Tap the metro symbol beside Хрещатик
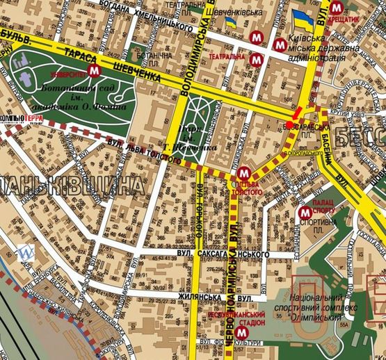tap(337, 8)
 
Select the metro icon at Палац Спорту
tap(304, 213)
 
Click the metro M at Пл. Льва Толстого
tap(243, 173)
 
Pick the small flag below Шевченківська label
tap(230, 23)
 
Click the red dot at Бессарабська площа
tap(289, 125)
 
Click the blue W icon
tap(26, 252)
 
